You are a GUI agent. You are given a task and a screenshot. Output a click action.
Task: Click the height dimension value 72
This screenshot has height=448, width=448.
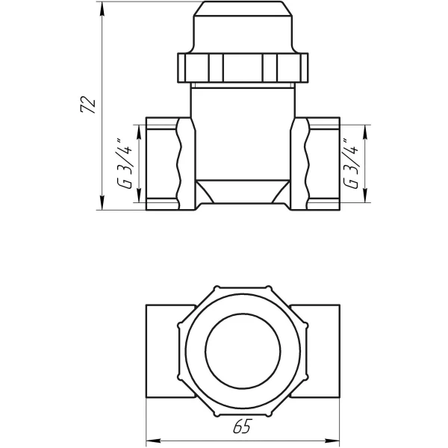coord(88,105)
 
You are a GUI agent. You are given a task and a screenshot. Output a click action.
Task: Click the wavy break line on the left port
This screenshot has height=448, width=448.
coord(178,163)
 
